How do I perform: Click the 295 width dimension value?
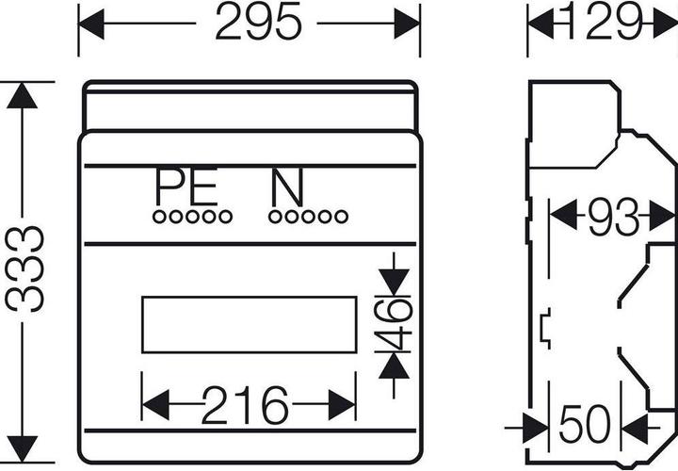[258, 22]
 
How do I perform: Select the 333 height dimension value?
[24, 268]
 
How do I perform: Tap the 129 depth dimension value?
[604, 21]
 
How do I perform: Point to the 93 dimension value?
[614, 217]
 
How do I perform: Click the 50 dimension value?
[585, 424]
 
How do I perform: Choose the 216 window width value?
[245, 405]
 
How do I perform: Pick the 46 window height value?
[393, 324]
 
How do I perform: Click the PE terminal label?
[186, 187]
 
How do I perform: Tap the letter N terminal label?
[287, 187]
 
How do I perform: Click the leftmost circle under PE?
[159, 217]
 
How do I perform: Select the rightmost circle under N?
[341, 217]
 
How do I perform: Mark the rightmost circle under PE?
[225, 217]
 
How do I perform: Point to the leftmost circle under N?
[275, 217]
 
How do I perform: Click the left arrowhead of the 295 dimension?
[91, 24]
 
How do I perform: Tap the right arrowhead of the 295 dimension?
[407, 24]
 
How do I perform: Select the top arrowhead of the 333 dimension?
[22, 95]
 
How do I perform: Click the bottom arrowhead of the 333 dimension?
[22, 449]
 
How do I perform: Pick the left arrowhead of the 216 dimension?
[155, 405]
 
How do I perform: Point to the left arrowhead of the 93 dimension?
[563, 215]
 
